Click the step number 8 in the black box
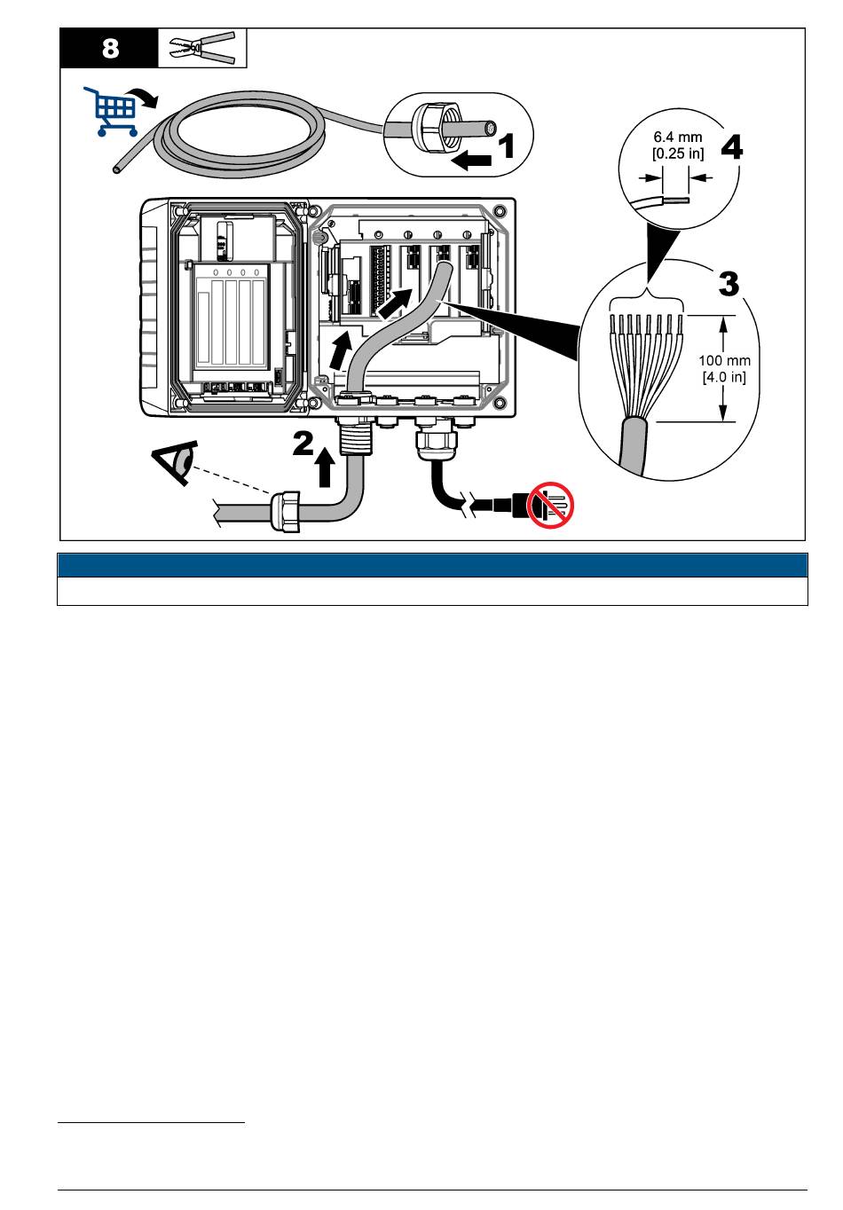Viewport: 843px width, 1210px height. point(110,48)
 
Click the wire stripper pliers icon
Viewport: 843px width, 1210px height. point(202,48)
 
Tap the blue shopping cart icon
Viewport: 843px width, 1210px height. point(110,111)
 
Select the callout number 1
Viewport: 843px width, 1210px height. point(506,146)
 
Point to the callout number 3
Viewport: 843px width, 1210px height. point(728,284)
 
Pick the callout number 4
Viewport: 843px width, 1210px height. point(732,147)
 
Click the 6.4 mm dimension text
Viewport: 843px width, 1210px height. point(678,137)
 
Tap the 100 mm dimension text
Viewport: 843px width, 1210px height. point(724,361)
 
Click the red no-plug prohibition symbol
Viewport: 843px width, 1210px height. point(550,505)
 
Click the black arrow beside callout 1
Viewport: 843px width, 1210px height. point(471,160)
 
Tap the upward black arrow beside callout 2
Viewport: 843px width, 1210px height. point(324,467)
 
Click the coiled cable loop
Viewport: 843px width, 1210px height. point(240,133)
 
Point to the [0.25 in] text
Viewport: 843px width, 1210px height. point(678,153)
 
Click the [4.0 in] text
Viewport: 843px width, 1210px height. point(724,376)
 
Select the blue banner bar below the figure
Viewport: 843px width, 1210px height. point(432,565)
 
